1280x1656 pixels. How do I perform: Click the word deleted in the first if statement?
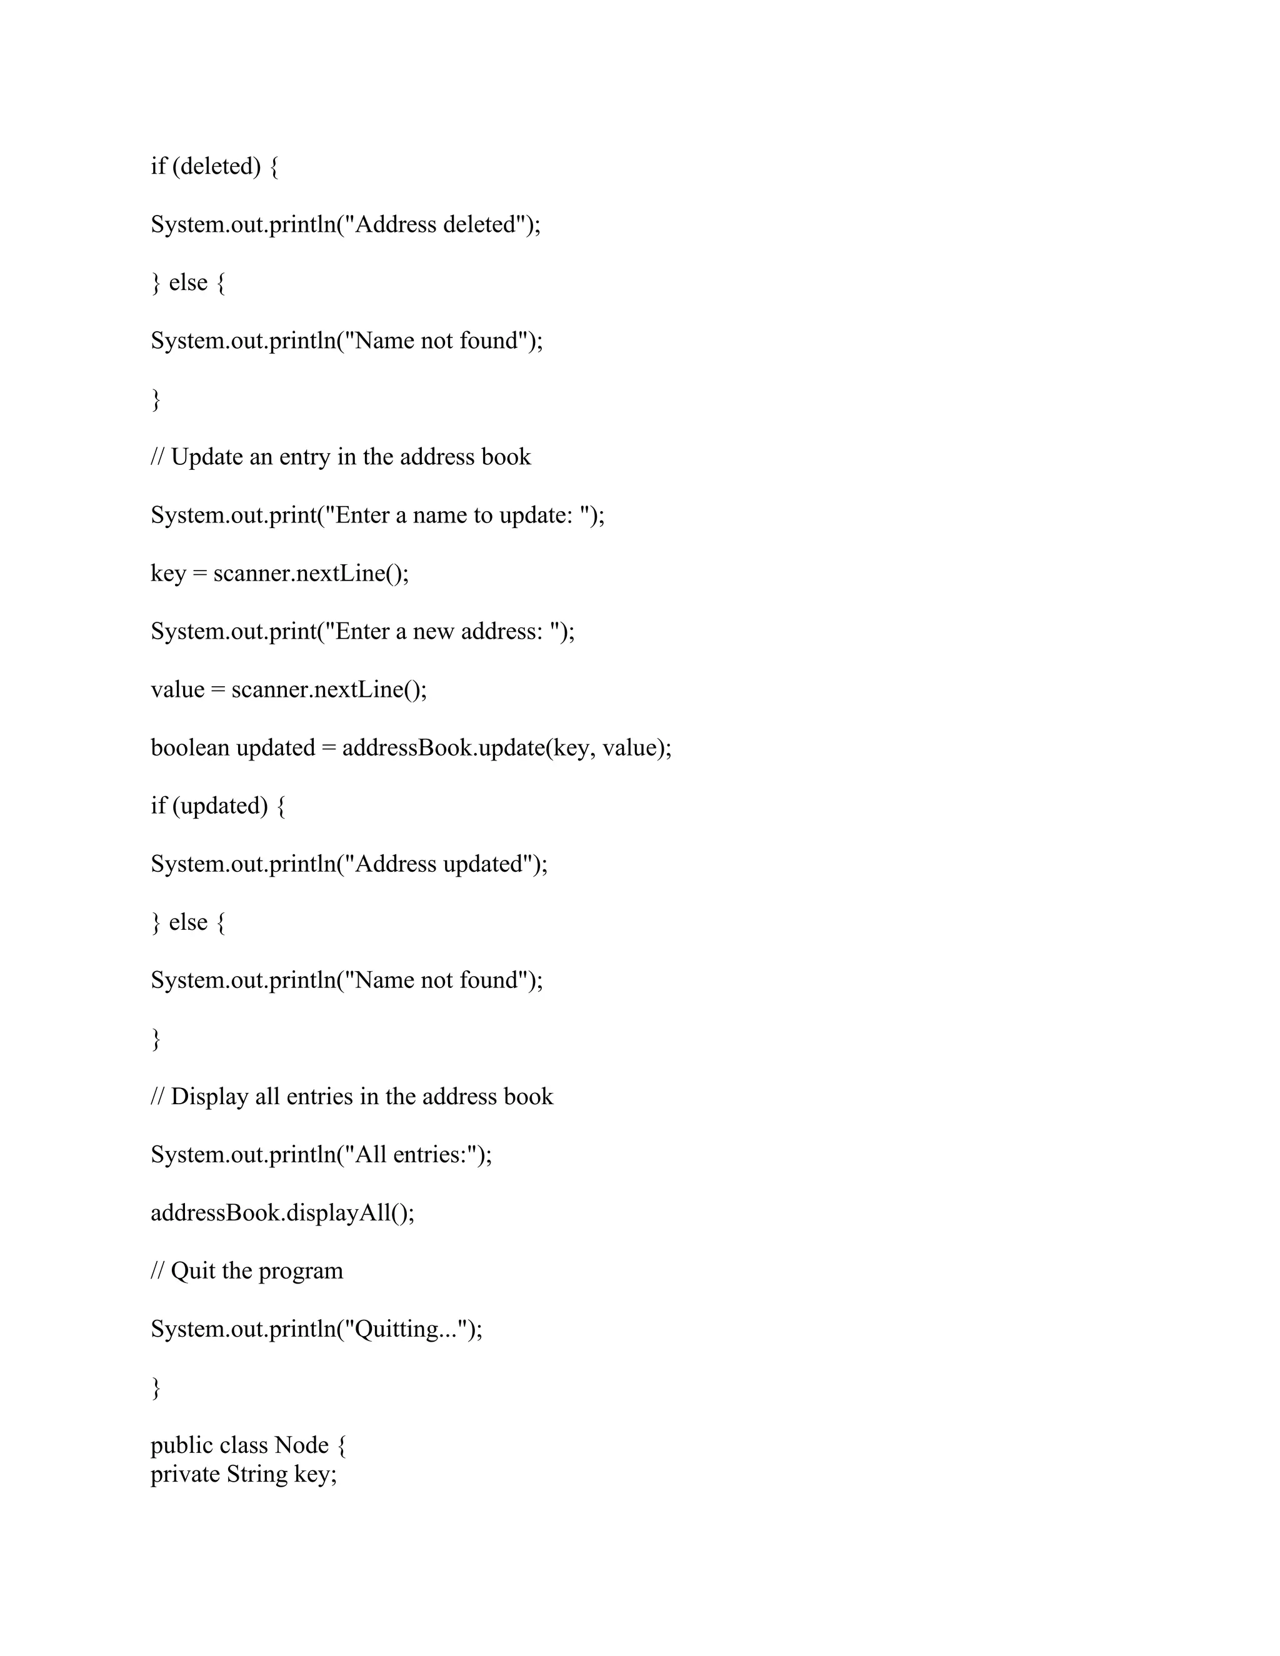pos(217,166)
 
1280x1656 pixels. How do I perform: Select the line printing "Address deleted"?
pos(346,224)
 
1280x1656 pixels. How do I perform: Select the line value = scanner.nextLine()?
pos(288,689)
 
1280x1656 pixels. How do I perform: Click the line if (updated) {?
pos(217,806)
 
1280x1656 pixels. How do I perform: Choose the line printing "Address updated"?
pos(349,864)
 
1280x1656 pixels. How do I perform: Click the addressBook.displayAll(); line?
pos(282,1212)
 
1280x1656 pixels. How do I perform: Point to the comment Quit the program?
pos(256,1271)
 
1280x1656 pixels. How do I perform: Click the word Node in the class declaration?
pos(301,1445)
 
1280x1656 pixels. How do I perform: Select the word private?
pos(185,1474)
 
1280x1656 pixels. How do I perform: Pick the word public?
pos(180,1445)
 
